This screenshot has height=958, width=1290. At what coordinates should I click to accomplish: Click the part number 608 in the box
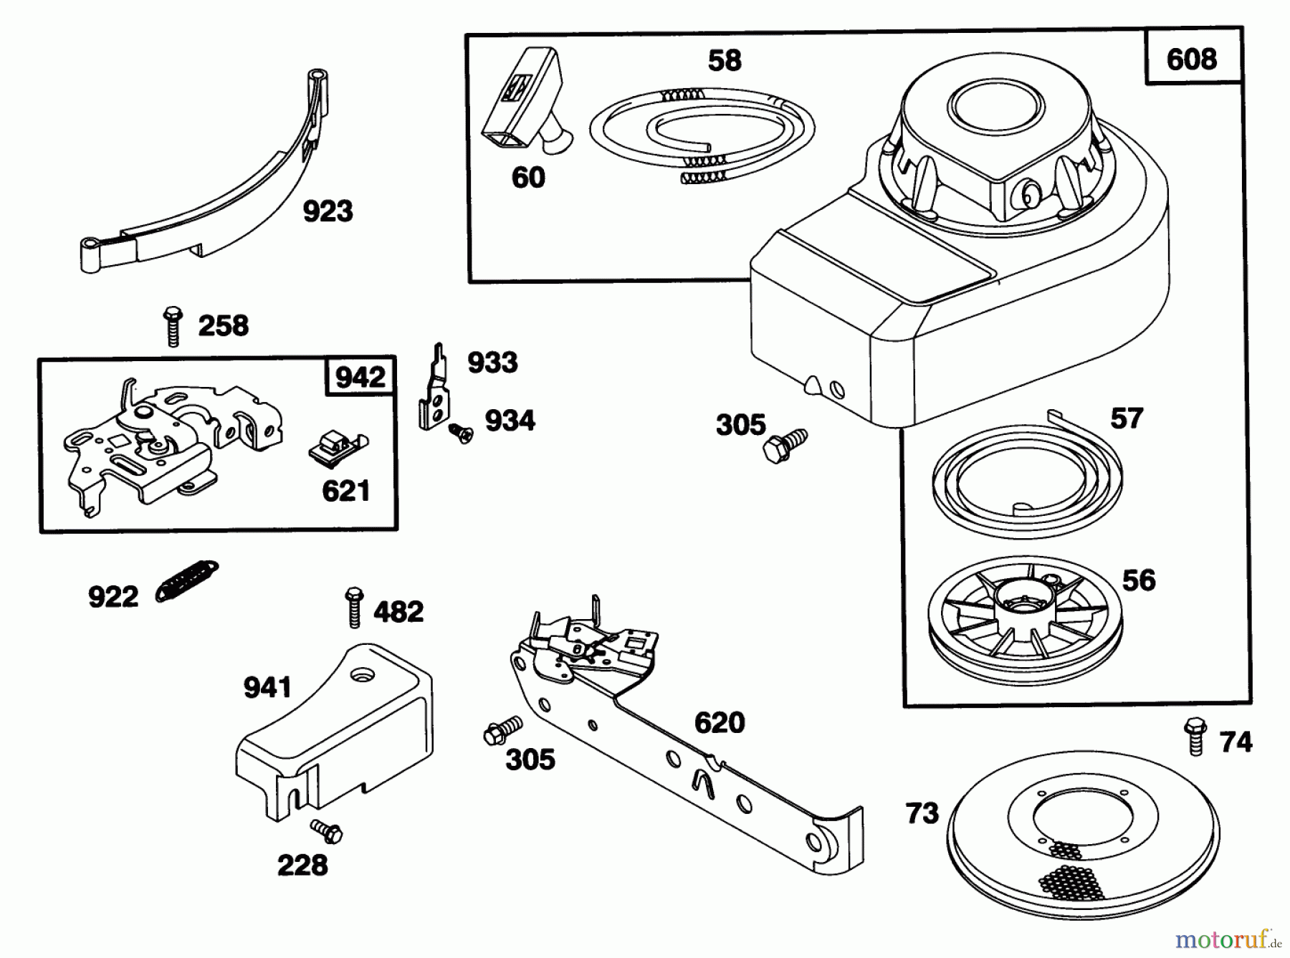click(x=1191, y=59)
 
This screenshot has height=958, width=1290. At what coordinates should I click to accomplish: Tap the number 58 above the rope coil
click(x=724, y=61)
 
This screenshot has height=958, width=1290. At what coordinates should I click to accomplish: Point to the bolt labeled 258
click(x=172, y=326)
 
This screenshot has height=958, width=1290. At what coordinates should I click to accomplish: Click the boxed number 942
click(x=360, y=377)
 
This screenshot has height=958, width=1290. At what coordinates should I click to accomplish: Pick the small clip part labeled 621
click(x=334, y=447)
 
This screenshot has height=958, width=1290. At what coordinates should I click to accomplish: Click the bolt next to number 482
click(x=353, y=607)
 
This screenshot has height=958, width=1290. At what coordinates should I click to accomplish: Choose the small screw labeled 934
click(x=460, y=433)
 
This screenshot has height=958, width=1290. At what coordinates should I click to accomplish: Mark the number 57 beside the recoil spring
click(x=1126, y=418)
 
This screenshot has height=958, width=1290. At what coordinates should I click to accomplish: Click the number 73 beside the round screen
click(x=922, y=813)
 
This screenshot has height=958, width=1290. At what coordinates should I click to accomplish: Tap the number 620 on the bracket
click(x=719, y=722)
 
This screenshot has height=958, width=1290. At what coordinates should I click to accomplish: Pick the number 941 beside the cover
click(x=267, y=688)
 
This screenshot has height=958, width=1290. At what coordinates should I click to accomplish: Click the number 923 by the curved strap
click(x=328, y=211)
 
